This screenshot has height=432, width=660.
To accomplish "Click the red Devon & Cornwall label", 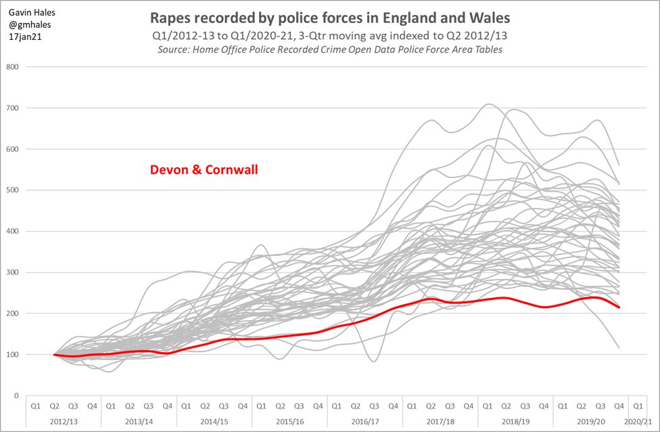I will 204,170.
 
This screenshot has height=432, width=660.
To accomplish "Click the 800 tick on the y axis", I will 12,67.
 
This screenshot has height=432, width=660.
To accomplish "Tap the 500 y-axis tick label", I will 12,190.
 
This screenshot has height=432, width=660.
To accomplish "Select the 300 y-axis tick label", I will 12,272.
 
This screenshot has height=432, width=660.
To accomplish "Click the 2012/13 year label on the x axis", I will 63,421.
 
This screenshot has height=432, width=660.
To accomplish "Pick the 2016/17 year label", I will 364,421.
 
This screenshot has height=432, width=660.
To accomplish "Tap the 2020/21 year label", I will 638,421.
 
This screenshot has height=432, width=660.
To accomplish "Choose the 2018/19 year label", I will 515,421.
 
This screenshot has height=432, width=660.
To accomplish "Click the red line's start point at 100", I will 54,354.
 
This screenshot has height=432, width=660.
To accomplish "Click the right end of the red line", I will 619,307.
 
